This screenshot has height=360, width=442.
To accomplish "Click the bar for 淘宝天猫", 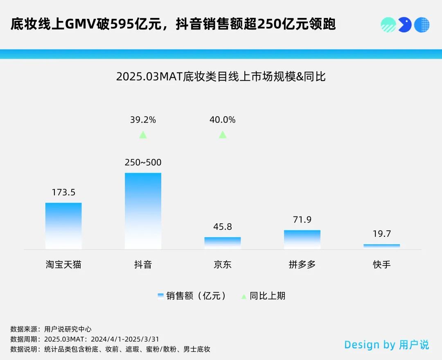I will click(x=63, y=226).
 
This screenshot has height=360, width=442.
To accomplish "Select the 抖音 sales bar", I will click(x=143, y=211).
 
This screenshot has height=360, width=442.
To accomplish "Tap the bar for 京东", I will click(x=223, y=243).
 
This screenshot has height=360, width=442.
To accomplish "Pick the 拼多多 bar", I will click(x=302, y=239).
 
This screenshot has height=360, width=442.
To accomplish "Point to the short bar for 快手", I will click(x=381, y=246).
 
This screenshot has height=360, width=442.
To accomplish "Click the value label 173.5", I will click(x=63, y=192).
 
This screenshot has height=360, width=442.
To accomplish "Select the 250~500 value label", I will click(x=143, y=162).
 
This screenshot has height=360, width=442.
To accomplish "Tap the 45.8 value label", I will click(x=223, y=227).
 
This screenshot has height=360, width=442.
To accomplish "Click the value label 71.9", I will click(x=302, y=220).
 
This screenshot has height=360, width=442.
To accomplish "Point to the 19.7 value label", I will click(x=381, y=234).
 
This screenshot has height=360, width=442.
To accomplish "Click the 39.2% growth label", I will click(x=143, y=120).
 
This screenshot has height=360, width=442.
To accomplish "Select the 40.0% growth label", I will click(x=223, y=120).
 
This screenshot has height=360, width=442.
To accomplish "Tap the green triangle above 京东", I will click(x=223, y=135).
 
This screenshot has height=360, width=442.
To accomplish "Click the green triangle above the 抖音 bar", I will click(x=143, y=135).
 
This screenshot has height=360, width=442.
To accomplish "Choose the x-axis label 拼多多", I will click(x=302, y=265).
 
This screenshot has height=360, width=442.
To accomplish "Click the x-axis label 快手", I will click(x=381, y=265).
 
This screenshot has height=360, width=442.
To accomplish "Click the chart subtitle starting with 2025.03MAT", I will click(x=221, y=76).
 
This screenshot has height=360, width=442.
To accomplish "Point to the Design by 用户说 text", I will click(x=386, y=345).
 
